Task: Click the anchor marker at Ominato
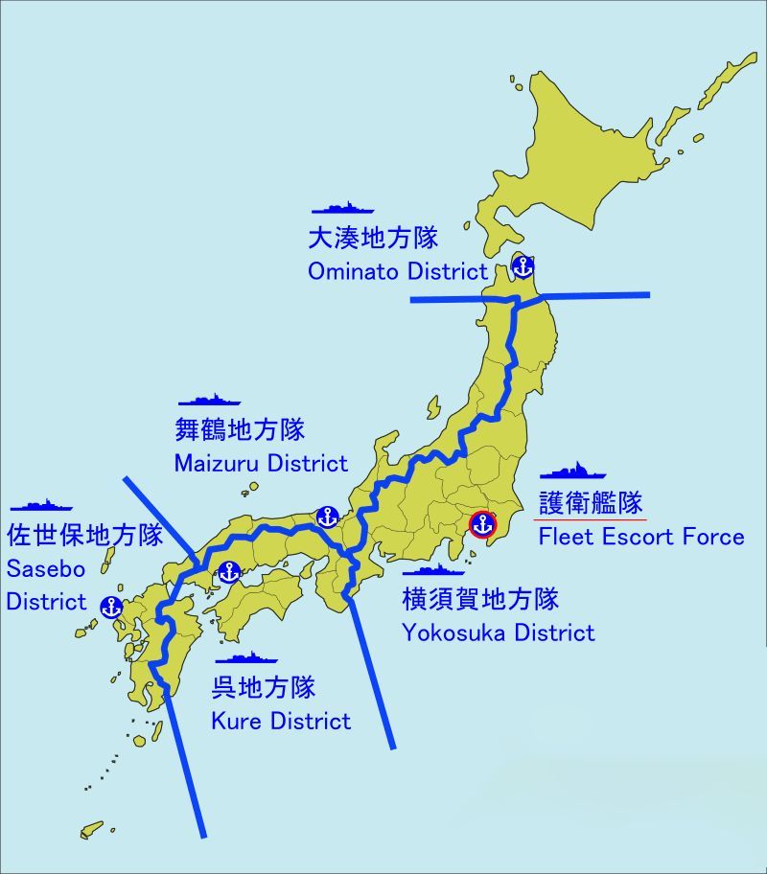pyautogui.click(x=523, y=266)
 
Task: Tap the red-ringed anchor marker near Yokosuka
pyautogui.click(x=483, y=524)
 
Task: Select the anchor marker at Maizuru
pyautogui.click(x=328, y=517)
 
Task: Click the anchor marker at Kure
pyautogui.click(x=228, y=572)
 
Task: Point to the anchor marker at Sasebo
pyautogui.click(x=111, y=606)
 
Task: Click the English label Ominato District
pyautogui.click(x=398, y=271)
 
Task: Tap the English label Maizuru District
pyautogui.click(x=261, y=464)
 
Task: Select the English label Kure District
pyautogui.click(x=281, y=721)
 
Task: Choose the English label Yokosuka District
pyautogui.click(x=499, y=632)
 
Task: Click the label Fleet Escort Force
pyautogui.click(x=641, y=536)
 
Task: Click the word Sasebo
pyautogui.click(x=46, y=569)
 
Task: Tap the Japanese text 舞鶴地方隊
pyautogui.click(x=240, y=429)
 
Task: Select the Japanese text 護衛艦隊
pyautogui.click(x=591, y=502)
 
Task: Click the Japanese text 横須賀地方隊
pyautogui.click(x=480, y=600)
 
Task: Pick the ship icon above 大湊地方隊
pyautogui.click(x=342, y=208)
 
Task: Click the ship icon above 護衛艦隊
pyautogui.click(x=572, y=471)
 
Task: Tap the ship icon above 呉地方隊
pyautogui.click(x=246, y=658)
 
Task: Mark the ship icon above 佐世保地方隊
pyautogui.click(x=40, y=504)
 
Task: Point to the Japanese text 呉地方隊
pyautogui.click(x=264, y=687)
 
